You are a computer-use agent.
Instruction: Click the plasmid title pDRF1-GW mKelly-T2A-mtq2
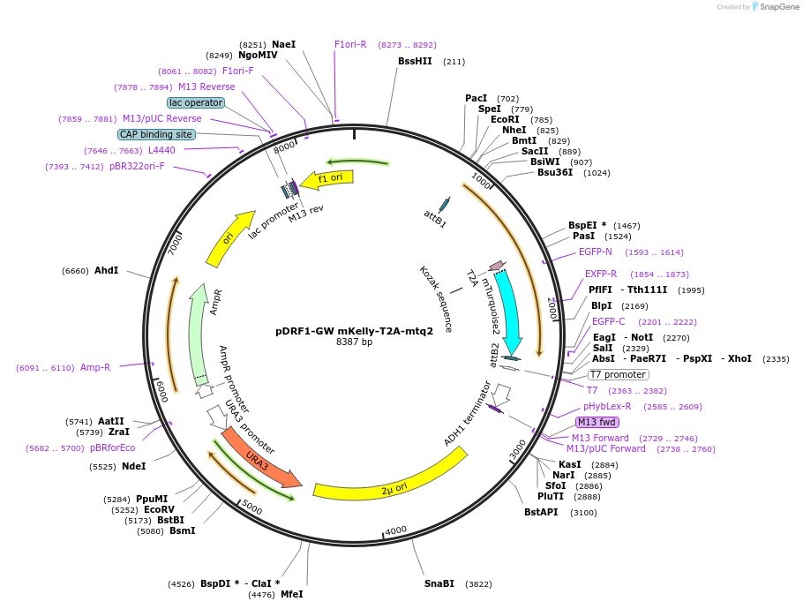coord(354,332)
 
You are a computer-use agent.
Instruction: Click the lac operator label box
coord(196,102)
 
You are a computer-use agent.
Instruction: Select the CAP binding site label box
coord(156,134)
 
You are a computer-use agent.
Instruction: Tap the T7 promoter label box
coord(618,374)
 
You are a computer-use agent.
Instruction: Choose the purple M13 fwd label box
coord(597,422)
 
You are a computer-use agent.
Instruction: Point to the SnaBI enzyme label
coord(439,583)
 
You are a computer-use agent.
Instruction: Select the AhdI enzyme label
coord(106,270)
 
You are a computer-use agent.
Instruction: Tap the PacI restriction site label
coord(477,98)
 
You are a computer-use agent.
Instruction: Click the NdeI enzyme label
coord(133,466)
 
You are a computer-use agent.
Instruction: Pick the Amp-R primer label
coord(95,367)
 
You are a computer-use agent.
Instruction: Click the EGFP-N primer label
coord(596,252)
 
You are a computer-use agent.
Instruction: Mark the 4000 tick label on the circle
coord(396,530)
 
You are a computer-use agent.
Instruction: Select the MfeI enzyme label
coord(292,594)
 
